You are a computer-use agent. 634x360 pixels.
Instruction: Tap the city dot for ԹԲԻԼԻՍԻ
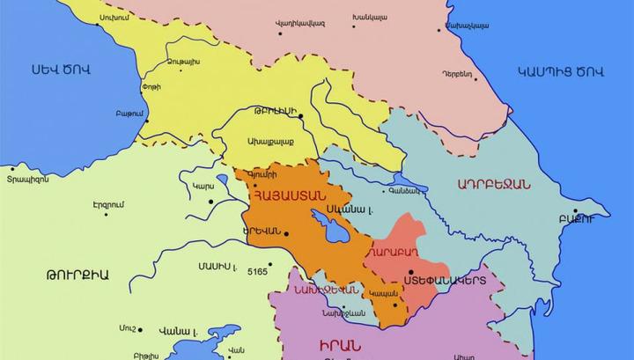point(300,115)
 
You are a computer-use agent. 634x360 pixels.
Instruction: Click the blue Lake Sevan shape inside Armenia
point(335,231)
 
